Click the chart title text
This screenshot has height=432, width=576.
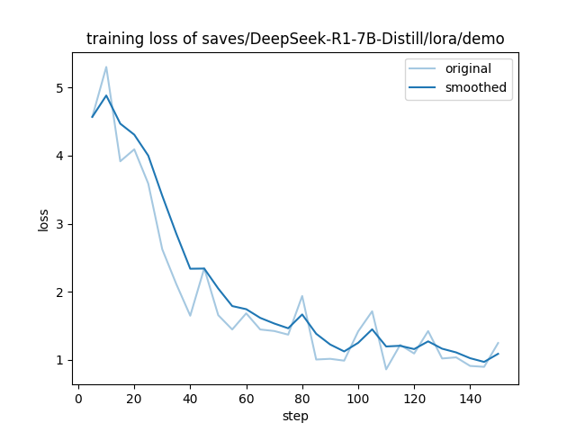click(x=295, y=39)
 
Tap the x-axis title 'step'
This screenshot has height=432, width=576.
click(x=295, y=416)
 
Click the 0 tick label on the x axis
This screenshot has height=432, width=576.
click(x=78, y=398)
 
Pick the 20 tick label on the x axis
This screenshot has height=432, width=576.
click(x=134, y=398)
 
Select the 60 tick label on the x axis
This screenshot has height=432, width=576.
click(x=246, y=398)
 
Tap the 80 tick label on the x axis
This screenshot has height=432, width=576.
click(x=301, y=398)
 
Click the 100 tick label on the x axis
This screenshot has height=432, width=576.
click(x=358, y=398)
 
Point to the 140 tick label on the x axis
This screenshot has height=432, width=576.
click(x=470, y=398)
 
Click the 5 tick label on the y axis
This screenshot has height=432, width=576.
click(x=59, y=88)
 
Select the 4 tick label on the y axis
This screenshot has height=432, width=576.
click(x=59, y=156)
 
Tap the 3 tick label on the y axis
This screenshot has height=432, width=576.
click(x=59, y=224)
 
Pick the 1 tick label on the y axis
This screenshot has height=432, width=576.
click(x=59, y=360)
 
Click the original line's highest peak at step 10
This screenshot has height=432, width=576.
click(x=106, y=67)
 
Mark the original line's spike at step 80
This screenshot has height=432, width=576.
click(x=302, y=296)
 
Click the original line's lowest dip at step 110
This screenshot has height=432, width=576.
click(x=386, y=369)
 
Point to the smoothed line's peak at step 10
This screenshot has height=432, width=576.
click(x=106, y=95)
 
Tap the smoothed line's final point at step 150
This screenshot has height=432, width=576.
click(x=498, y=354)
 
